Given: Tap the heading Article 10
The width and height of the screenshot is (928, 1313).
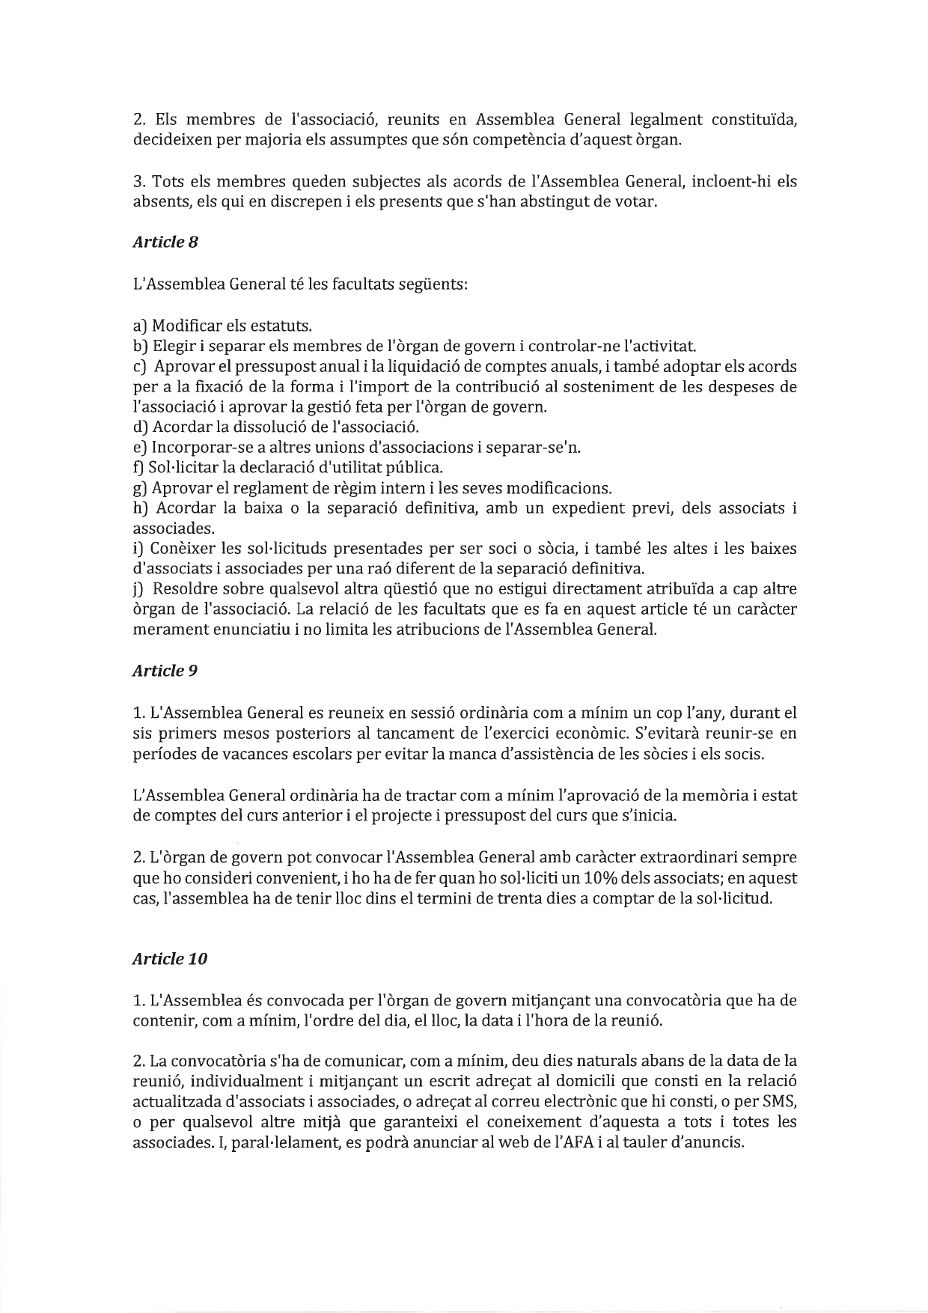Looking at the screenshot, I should click(x=169, y=959).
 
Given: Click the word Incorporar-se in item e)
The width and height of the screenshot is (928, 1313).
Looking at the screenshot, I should click(x=195, y=448).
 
